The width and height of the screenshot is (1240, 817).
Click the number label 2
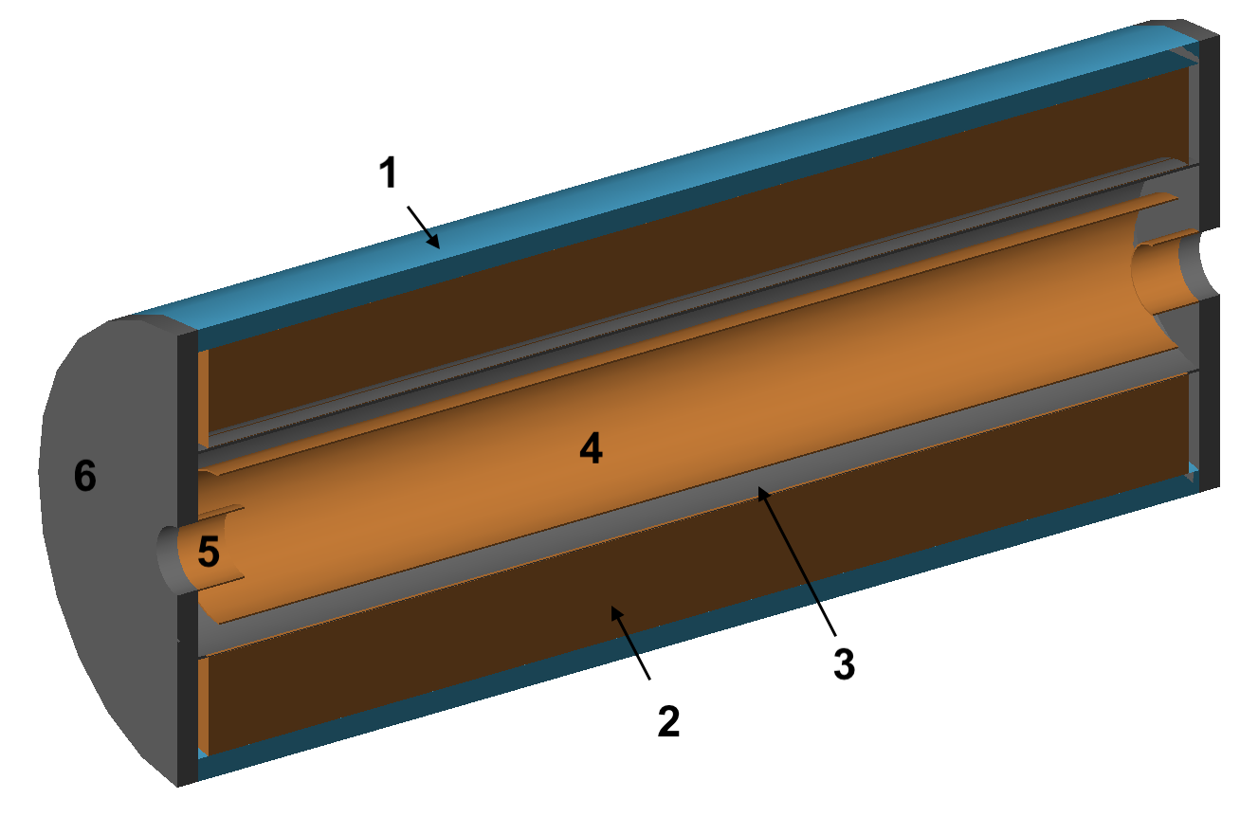click(x=667, y=722)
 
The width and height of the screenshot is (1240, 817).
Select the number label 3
click(x=844, y=663)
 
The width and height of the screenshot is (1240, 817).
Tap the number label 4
click(x=591, y=449)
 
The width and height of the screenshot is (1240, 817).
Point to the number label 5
click(x=209, y=553)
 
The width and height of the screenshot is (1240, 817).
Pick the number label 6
click(x=85, y=477)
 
